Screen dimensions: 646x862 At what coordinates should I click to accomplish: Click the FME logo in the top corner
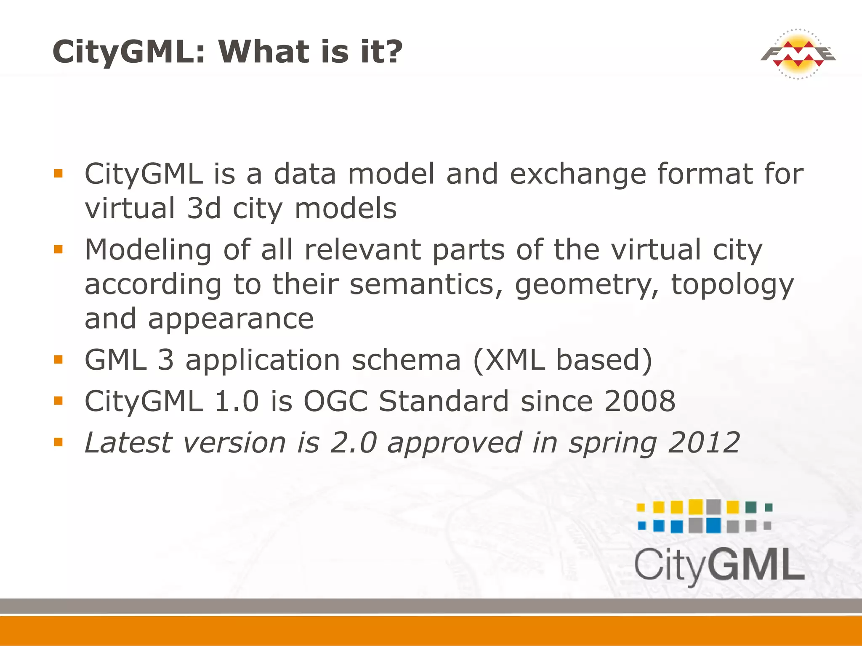(798, 54)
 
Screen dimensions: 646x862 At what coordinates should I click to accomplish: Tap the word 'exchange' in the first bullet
(577, 174)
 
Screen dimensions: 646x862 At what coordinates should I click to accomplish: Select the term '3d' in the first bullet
(204, 208)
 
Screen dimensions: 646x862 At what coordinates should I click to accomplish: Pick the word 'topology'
(732, 285)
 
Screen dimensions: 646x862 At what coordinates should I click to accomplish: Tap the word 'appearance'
(231, 318)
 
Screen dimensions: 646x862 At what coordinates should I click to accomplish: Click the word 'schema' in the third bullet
(406, 360)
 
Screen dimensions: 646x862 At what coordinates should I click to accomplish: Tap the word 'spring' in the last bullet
(612, 443)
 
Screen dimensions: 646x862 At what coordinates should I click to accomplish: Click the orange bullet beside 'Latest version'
(58, 442)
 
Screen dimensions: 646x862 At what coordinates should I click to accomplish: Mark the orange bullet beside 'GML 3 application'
(58, 359)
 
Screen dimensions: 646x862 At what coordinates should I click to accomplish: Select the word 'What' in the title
(262, 51)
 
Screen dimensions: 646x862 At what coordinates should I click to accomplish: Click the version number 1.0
(236, 401)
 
